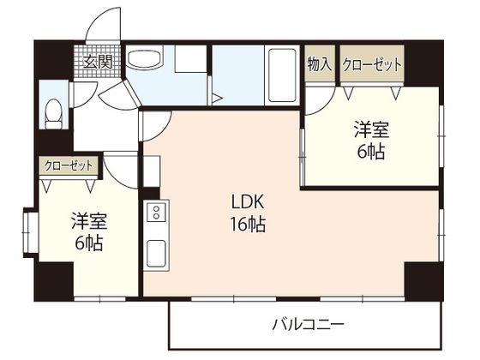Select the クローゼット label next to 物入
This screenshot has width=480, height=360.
click(x=372, y=65)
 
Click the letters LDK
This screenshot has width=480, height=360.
click(x=249, y=204)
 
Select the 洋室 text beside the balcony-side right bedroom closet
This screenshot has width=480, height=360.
click(x=372, y=130)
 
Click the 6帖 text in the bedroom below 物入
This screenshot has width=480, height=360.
click(x=372, y=152)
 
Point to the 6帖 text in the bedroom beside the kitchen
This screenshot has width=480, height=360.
click(x=87, y=243)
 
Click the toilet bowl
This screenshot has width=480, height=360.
click(x=55, y=111)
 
